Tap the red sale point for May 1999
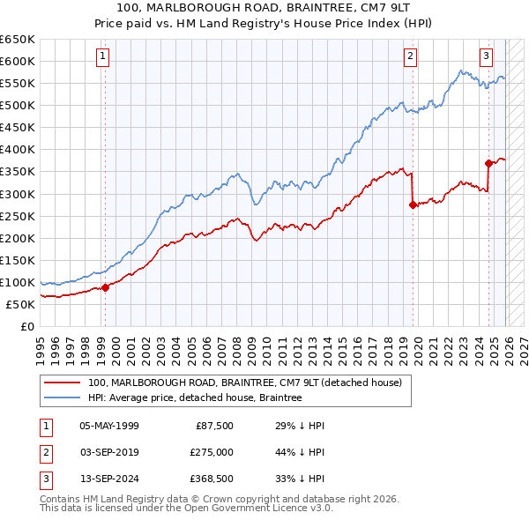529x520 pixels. click(105, 286)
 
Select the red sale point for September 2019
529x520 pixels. click(413, 204)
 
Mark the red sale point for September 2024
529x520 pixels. click(488, 163)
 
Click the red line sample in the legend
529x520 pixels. click(63, 383)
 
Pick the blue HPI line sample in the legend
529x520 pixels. click(63, 397)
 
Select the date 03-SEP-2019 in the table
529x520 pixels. click(109, 451)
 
